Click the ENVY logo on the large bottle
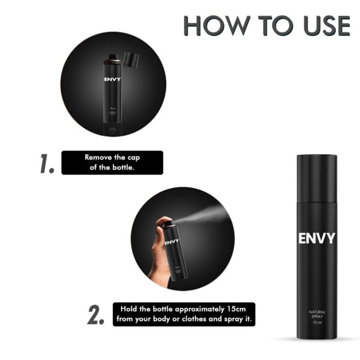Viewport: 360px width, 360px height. click(316, 239)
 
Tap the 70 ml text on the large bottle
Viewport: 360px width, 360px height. click(316, 323)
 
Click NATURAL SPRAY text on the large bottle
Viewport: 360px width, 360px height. click(316, 313)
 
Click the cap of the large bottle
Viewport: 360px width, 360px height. click(316, 177)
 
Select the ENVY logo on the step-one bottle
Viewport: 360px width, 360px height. click(112, 79)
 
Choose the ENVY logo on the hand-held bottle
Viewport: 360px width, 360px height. click(171, 241)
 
